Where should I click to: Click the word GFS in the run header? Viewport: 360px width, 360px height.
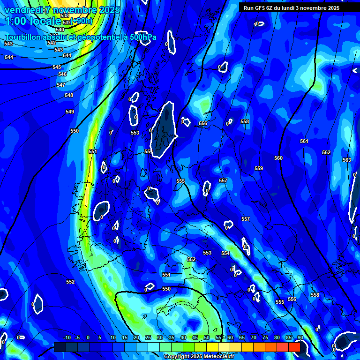(x=262, y=8)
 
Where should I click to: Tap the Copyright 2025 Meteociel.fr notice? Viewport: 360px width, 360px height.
(x=199, y=357)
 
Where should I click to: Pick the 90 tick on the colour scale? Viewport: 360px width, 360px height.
(x=300, y=337)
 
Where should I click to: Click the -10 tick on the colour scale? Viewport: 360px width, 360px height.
(x=67, y=337)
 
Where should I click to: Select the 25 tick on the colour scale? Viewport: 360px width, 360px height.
(x=148, y=337)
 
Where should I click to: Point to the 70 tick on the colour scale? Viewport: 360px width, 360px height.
(x=254, y=337)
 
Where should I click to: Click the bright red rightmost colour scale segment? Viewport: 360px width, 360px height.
(x=294, y=347)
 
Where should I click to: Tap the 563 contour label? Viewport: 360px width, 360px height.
(x=347, y=160)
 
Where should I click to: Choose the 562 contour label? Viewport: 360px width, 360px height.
(x=326, y=152)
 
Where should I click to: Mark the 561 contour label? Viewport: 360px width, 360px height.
(x=304, y=141)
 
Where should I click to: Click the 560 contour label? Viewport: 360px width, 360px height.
(x=278, y=158)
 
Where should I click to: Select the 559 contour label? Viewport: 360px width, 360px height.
(x=259, y=168)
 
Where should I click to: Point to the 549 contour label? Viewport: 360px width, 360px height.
(x=70, y=112)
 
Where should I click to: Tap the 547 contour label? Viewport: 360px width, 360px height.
(x=60, y=85)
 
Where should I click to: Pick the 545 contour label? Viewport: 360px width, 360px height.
(x=57, y=67)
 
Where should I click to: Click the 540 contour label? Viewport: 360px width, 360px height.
(x=60, y=30)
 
